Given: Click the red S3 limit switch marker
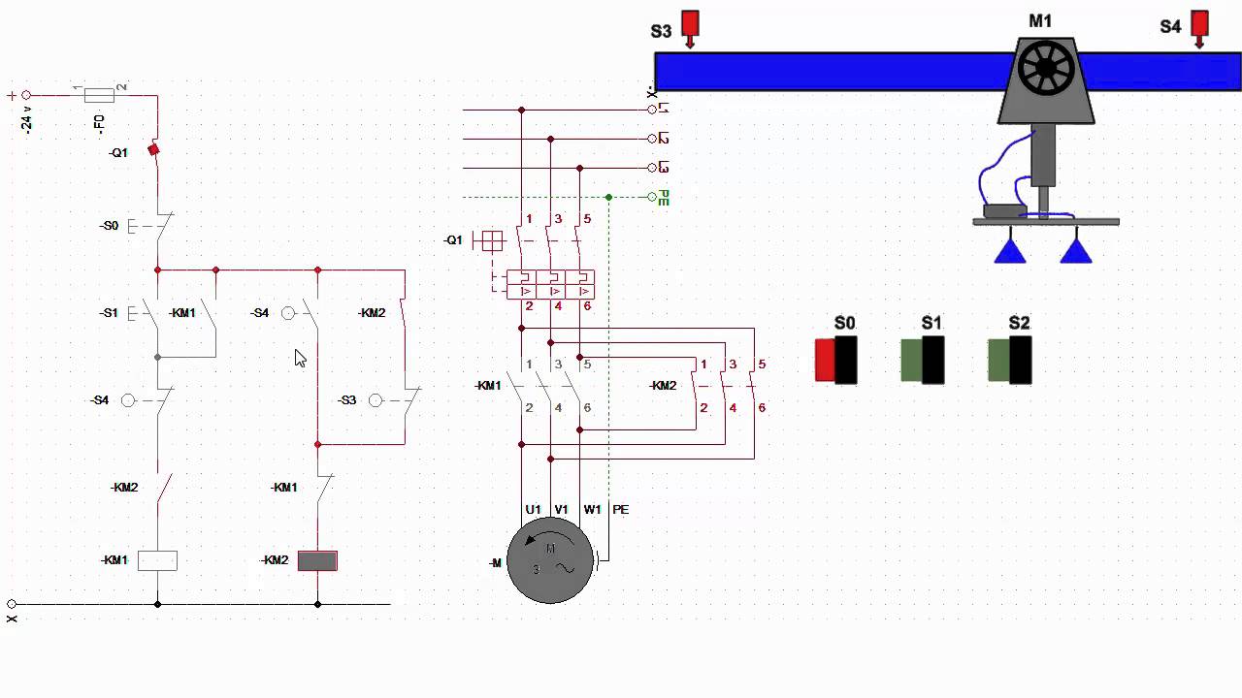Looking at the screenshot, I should coord(690,26).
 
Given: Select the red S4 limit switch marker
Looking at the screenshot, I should coord(1199,26).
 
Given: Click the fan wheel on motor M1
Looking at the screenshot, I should coord(1046,70).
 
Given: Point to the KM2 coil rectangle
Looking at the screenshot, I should coord(317,560).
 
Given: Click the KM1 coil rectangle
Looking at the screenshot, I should coord(157,560).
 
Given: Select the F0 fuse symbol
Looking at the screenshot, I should coord(99,95).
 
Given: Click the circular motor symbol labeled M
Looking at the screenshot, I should coord(549,560).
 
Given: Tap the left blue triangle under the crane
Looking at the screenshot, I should coord(1010,251).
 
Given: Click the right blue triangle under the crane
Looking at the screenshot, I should coord(1076,251).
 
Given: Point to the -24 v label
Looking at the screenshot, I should coord(27,121).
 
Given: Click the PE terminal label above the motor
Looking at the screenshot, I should coord(620,509).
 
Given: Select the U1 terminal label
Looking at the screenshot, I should coord(533,509).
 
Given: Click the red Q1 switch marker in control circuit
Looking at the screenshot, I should coord(153,150).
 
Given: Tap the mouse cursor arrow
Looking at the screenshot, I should coord(300,358).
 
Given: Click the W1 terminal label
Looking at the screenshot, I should coord(592,509).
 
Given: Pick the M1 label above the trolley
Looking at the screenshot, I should coord(1040,20).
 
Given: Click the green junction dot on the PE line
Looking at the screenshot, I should coord(608,197).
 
